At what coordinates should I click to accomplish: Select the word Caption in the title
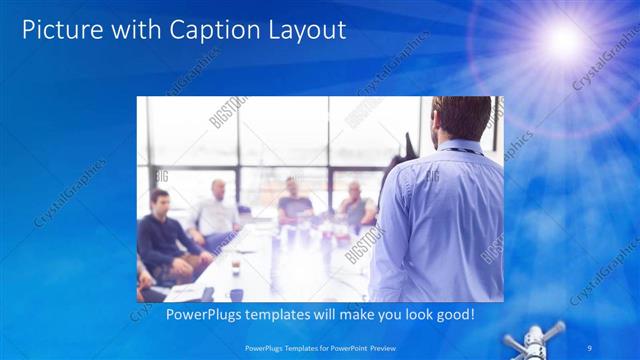tap(207, 30)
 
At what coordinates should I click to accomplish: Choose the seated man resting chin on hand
tap(356, 205)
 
